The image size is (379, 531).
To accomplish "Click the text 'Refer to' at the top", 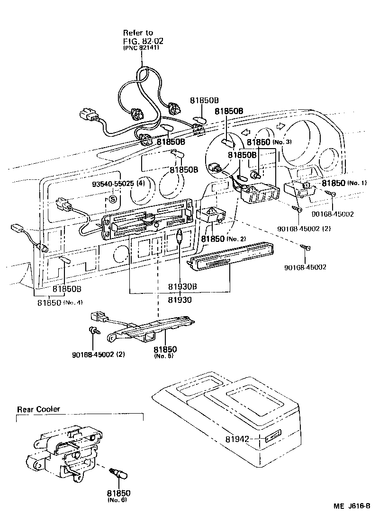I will coord(138,33).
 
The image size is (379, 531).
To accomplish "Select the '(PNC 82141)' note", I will coord(141,48).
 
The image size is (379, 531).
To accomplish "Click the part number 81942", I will coord(236,439).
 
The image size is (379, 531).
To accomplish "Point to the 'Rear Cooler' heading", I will coord(39,409).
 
